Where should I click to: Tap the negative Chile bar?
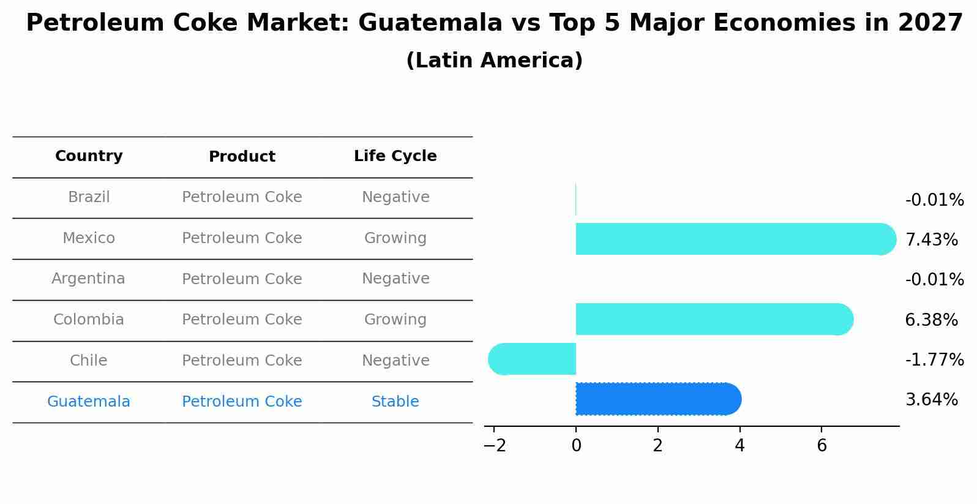[533, 359]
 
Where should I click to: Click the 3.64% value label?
[931, 400]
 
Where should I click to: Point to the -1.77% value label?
[934, 359]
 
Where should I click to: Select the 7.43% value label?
[931, 239]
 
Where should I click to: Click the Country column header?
[89, 156]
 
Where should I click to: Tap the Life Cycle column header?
[395, 156]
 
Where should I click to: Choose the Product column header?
[242, 157]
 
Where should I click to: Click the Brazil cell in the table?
[89, 197]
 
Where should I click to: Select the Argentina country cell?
[88, 279]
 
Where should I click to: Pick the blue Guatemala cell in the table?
[88, 402]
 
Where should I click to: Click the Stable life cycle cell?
[395, 402]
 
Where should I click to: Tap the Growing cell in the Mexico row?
[395, 238]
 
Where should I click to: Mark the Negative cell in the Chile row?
[395, 361]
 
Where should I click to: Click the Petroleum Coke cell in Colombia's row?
[242, 320]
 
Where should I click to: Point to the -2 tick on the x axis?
[495, 446]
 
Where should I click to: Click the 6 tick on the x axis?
[822, 446]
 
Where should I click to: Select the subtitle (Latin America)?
[494, 61]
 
